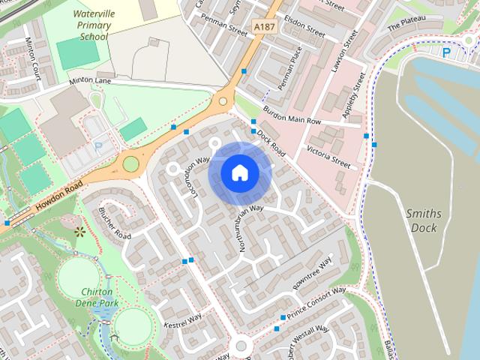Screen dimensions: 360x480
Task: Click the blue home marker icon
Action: coord(239,173)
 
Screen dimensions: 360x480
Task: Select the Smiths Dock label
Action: coord(424,219)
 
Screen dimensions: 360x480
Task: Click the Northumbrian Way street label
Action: coord(252,230)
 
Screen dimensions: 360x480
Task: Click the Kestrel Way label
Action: coord(184,322)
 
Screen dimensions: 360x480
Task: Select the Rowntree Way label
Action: coord(312,271)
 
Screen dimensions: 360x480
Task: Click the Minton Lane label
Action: coord(90,79)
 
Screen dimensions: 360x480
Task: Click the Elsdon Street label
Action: coord(304,33)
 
